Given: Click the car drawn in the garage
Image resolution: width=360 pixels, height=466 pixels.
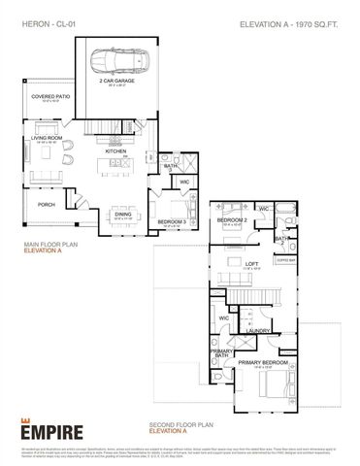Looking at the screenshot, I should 114,64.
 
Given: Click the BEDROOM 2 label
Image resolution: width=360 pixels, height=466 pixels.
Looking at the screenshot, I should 230,220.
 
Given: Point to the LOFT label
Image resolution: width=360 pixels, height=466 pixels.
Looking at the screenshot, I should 250,262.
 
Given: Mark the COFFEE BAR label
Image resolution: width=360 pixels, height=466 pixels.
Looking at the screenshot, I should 284,260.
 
